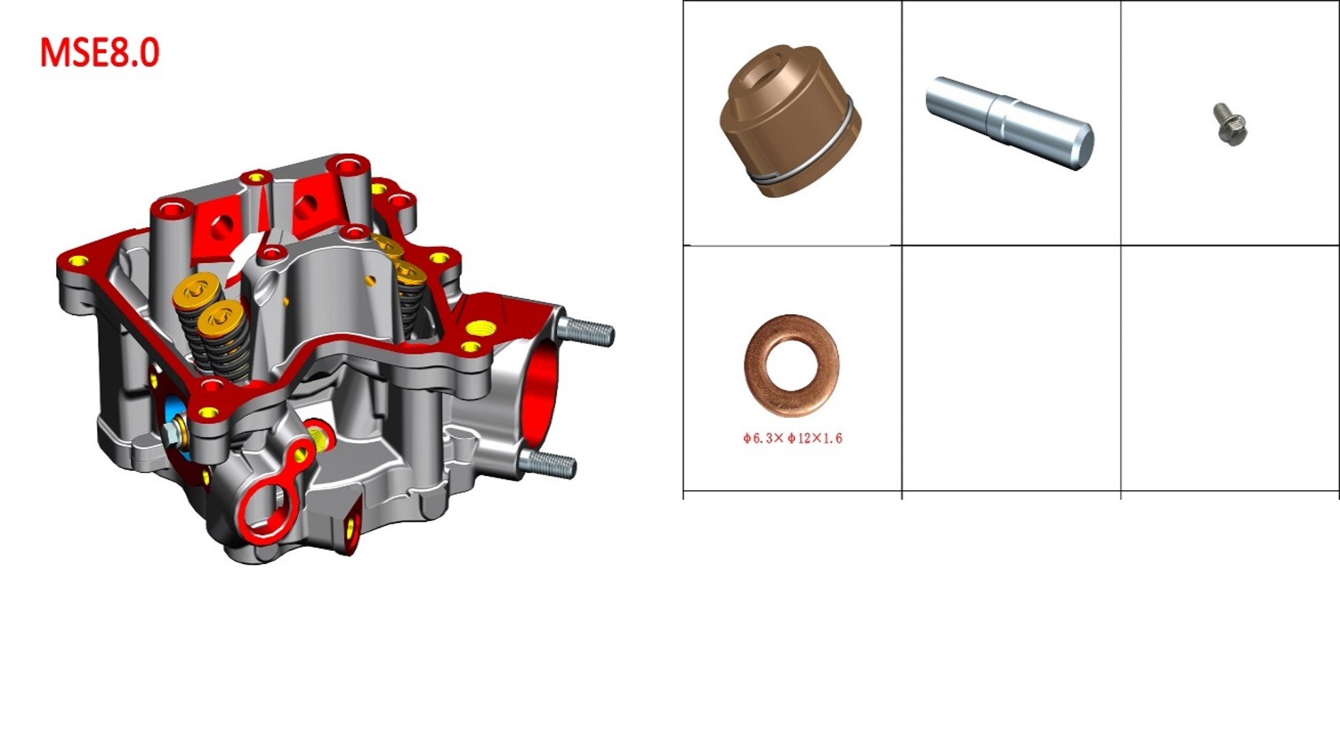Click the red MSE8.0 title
click(100, 53)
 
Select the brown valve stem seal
click(790, 121)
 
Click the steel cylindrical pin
click(1010, 123)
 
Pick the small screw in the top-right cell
click(1229, 124)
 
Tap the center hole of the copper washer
click(792, 365)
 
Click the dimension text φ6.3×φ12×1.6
click(793, 438)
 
